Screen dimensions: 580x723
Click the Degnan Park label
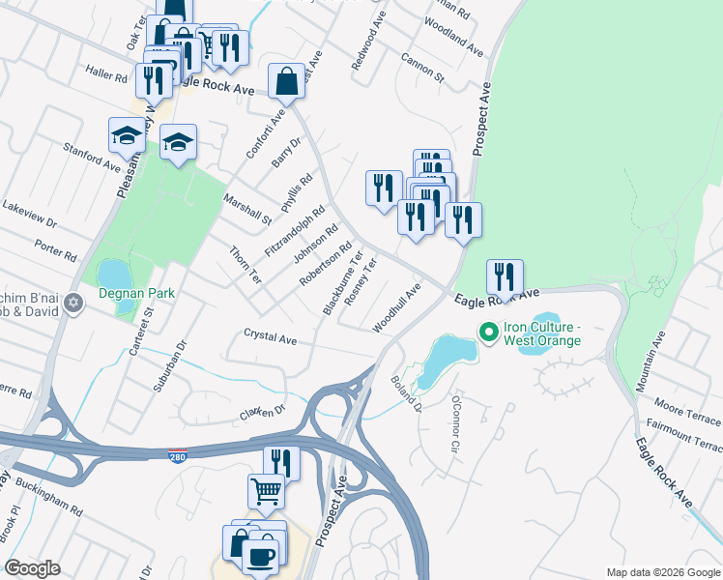132,292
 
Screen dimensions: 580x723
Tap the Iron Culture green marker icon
489,334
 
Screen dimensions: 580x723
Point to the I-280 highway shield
176,453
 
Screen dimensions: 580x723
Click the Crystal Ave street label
270,338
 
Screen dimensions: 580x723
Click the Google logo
32,568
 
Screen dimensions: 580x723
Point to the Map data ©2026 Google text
662,572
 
